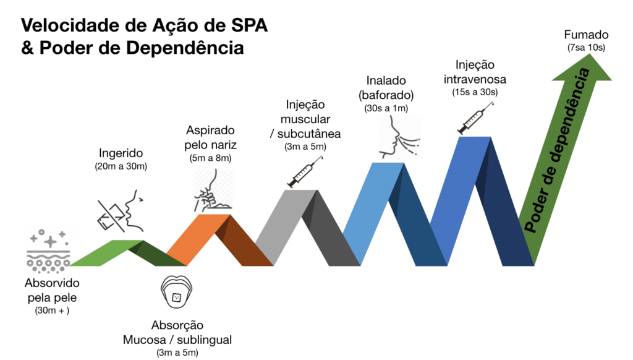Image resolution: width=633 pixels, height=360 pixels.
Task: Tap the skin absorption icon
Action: tap(48, 250)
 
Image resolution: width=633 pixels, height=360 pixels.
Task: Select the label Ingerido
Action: tap(121, 153)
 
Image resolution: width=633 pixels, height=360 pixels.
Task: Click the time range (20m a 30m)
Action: tap(121, 166)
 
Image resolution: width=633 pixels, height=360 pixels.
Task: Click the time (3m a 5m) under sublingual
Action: tap(177, 353)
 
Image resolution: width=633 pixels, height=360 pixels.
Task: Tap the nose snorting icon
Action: tap(213, 191)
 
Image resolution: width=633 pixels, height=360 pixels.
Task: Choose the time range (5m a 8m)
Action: tap(210, 158)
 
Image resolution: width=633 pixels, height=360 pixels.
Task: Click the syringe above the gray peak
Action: tap(305, 172)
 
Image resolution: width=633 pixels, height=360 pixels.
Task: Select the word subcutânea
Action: tap(309, 134)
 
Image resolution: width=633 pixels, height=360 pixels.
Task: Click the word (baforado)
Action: tap(386, 95)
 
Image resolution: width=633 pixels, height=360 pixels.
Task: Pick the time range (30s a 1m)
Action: tap(386, 108)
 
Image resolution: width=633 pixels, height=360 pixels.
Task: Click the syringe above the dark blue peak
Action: tap(475, 118)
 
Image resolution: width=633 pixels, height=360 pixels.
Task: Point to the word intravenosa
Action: tap(475, 79)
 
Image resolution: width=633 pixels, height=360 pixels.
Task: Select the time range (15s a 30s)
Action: tap(475, 92)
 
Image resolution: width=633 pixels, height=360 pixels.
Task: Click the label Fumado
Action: tap(586, 35)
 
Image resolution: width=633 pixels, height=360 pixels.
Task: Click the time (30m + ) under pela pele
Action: tap(52, 311)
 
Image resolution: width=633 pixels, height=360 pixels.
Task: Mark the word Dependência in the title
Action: tap(185, 48)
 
